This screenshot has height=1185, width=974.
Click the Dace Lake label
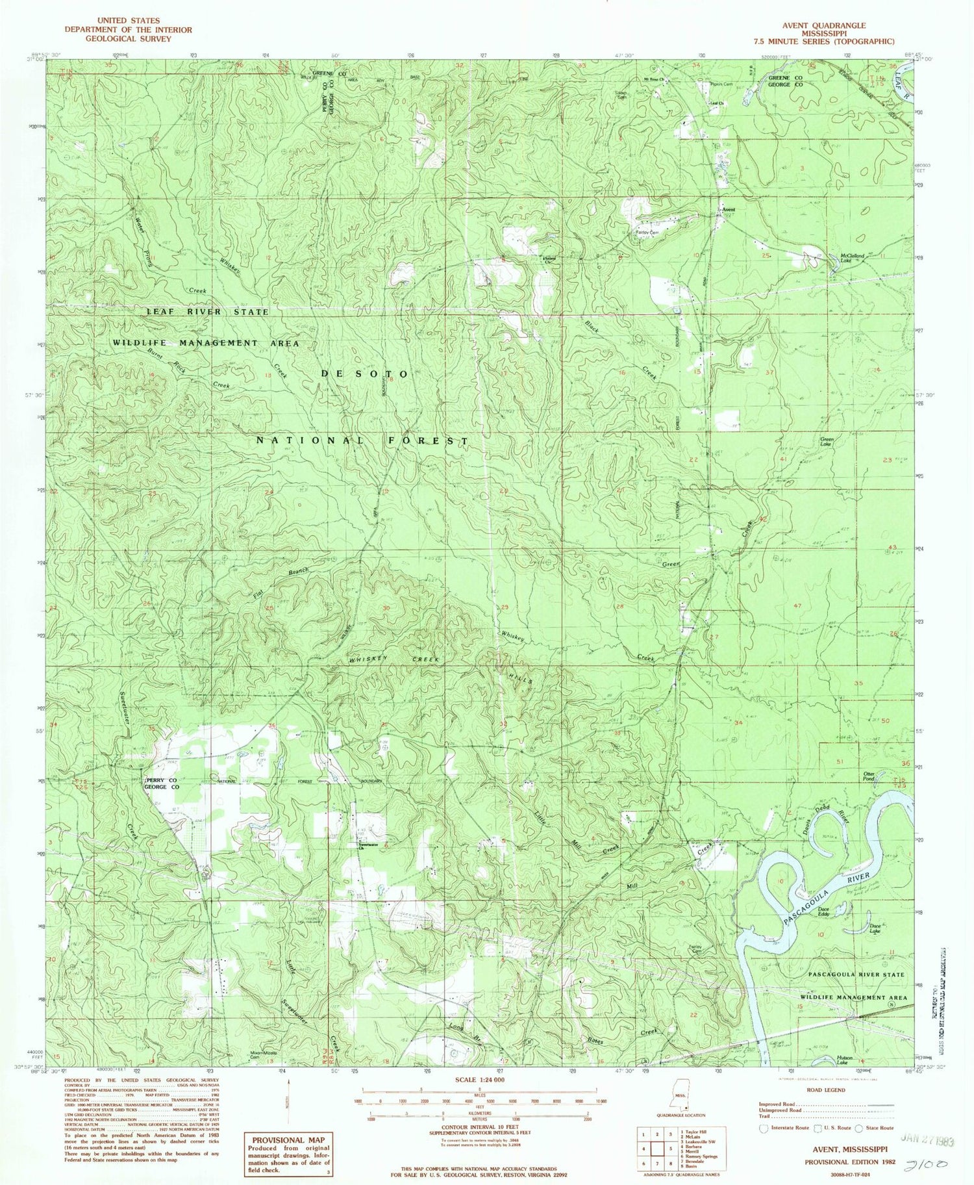pos(875,929)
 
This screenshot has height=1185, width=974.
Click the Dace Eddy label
pos(823,911)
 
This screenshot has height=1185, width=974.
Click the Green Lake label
pos(825,442)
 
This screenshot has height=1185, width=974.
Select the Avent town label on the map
pos(728,210)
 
